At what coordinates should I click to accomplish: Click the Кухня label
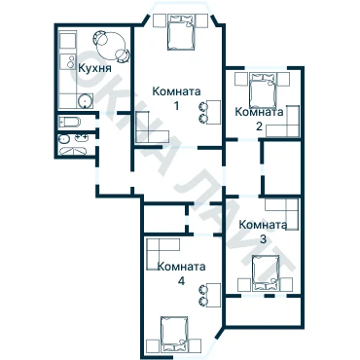click(95, 68)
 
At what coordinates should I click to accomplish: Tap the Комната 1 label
click(176, 98)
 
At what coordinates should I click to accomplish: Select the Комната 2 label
click(259, 119)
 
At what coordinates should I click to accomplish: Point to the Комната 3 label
click(263, 232)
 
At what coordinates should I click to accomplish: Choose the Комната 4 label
click(182, 273)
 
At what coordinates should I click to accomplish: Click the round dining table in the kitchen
click(112, 46)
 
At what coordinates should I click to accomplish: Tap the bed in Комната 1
click(181, 32)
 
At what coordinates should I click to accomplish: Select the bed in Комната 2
click(263, 90)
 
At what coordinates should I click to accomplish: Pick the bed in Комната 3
click(266, 272)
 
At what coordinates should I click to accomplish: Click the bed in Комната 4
click(175, 334)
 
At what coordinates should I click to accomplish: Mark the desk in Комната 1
click(214, 112)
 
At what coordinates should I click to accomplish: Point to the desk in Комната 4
click(214, 295)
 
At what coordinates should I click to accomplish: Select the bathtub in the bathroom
click(69, 122)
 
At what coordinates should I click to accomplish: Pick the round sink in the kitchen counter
click(86, 101)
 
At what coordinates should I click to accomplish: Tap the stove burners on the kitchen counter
click(70, 61)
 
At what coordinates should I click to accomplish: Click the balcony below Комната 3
click(264, 311)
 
